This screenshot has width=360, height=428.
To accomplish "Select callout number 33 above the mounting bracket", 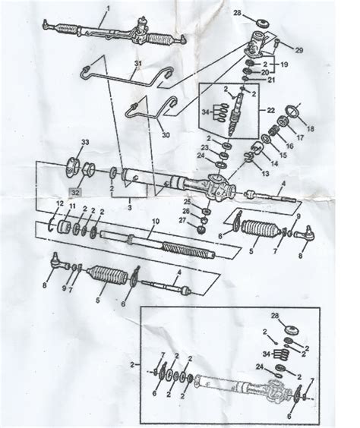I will (x=85, y=142).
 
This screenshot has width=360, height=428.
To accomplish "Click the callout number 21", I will (x=271, y=80).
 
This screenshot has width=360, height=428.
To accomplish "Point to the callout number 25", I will (x=188, y=201).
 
